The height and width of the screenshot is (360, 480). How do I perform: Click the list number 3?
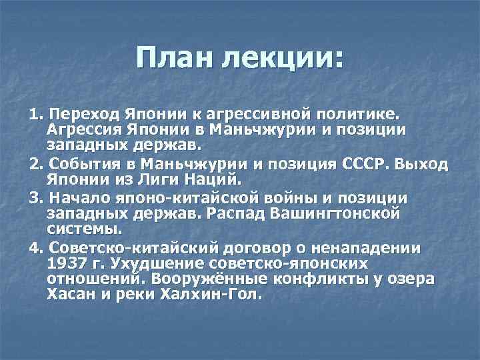35,198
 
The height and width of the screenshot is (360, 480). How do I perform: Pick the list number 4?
35,249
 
